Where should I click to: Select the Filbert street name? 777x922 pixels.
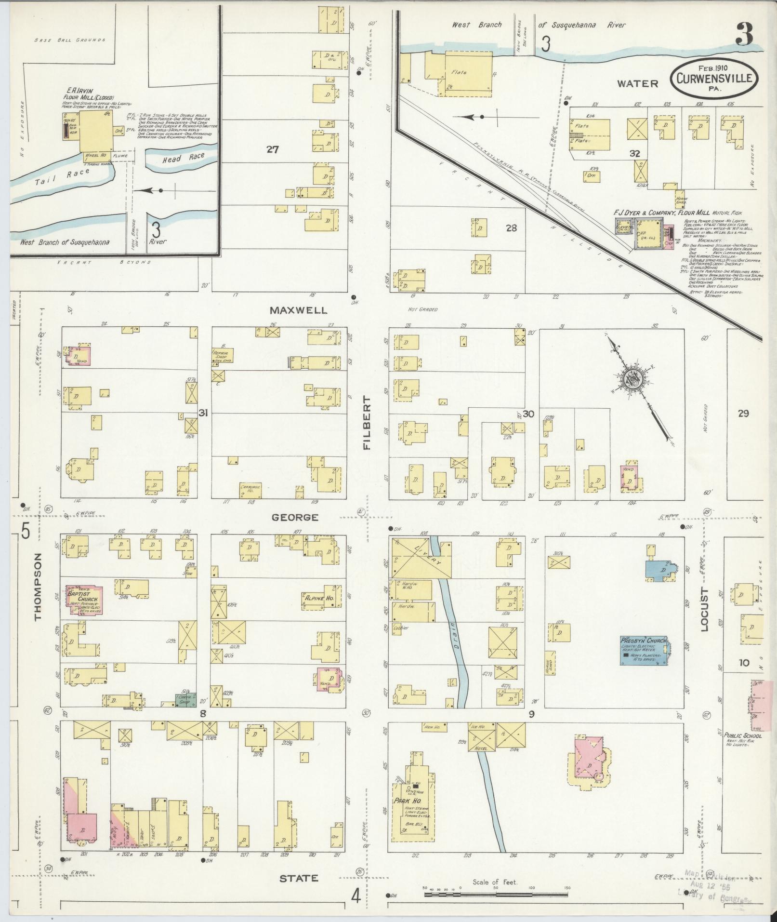367,423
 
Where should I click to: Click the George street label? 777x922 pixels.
295,517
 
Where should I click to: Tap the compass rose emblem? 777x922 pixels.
635,377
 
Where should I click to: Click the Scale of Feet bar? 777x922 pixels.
496,894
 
